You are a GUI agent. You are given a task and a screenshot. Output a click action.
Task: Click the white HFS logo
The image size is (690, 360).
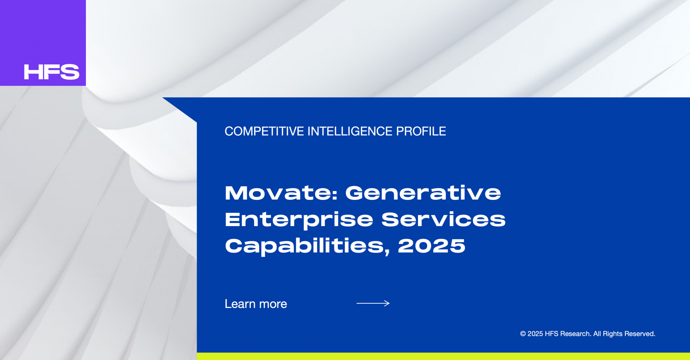[51, 72]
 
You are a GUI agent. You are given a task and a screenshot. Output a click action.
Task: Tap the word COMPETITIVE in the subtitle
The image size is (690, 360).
[264, 131]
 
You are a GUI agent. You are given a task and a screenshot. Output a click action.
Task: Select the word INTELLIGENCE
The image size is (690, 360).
[350, 131]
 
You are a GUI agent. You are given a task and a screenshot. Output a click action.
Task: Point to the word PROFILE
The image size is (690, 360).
[421, 131]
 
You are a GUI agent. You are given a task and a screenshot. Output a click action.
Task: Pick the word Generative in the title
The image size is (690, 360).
[423, 193]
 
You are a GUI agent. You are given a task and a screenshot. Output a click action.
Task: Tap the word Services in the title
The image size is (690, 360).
[443, 219]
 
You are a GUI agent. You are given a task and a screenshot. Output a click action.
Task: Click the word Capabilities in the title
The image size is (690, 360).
[304, 247]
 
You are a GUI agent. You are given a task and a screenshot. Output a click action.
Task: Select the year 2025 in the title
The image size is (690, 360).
[432, 246]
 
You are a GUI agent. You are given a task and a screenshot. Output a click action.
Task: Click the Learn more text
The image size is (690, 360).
[256, 304]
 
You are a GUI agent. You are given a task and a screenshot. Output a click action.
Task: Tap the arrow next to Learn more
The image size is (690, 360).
[373, 303]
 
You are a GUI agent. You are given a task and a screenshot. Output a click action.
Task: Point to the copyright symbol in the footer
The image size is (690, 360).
[523, 334]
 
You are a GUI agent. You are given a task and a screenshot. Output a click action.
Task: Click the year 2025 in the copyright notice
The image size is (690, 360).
[535, 334]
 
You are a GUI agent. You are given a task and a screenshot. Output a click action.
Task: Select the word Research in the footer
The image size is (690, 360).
[576, 334]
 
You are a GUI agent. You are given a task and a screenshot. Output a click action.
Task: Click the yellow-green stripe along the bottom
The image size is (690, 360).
[443, 356]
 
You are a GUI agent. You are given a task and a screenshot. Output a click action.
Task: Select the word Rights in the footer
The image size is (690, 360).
[613, 334]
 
